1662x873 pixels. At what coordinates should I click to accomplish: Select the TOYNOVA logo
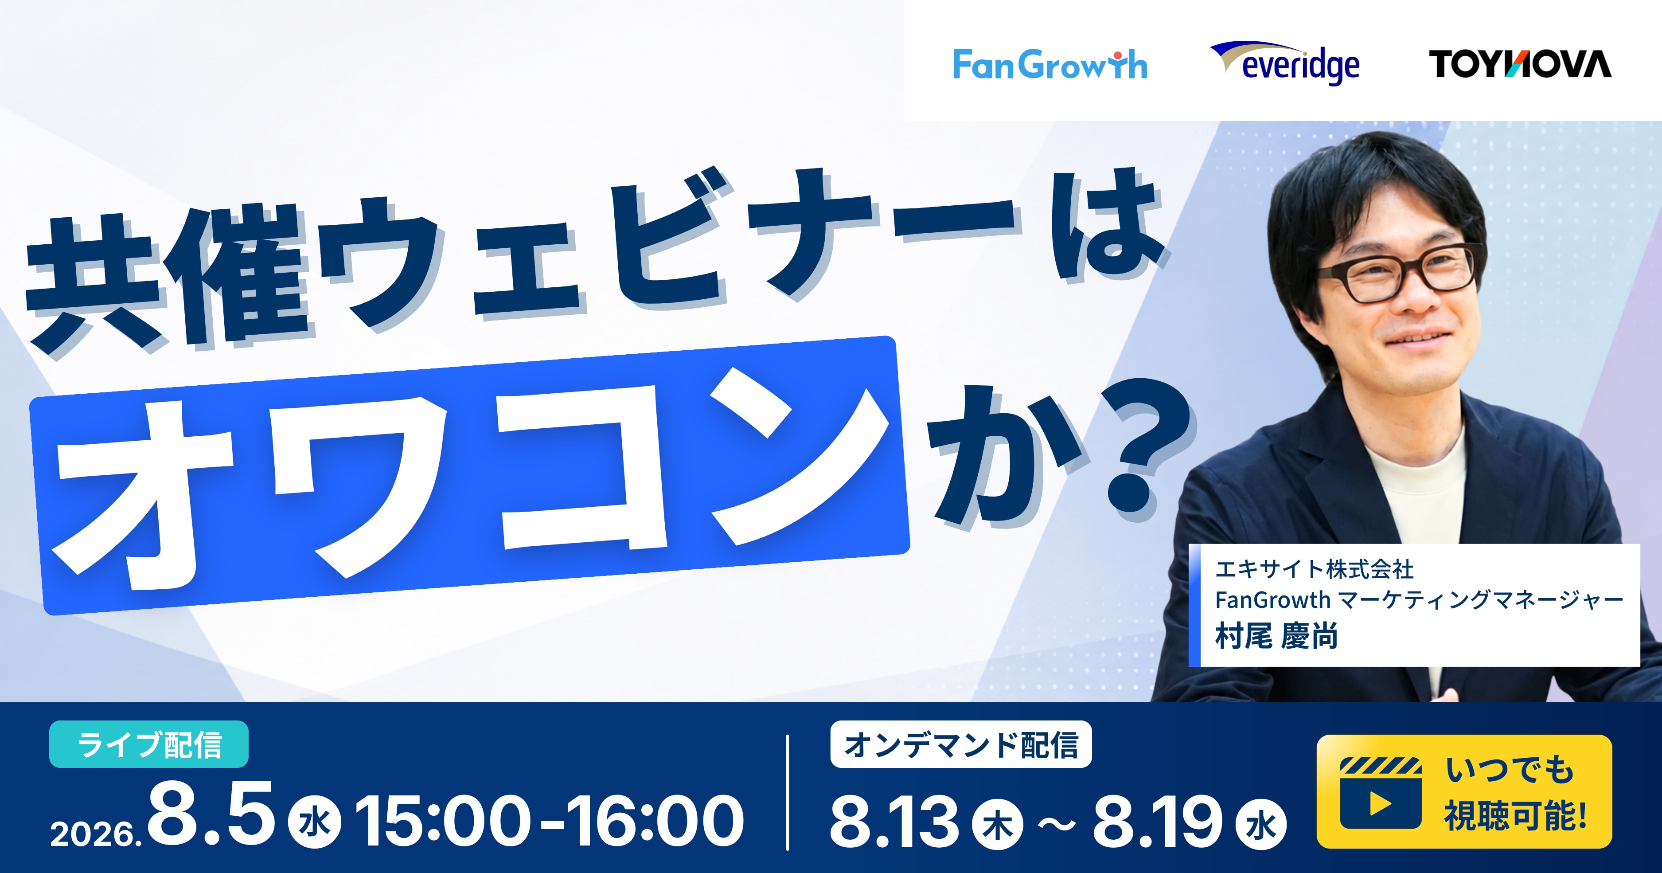(x=1519, y=64)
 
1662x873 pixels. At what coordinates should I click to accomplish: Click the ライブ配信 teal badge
(x=148, y=744)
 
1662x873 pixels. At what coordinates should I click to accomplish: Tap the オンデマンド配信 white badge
(x=961, y=744)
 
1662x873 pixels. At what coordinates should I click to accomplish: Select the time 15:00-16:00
(x=550, y=820)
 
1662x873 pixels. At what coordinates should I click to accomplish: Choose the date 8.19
(x=1158, y=820)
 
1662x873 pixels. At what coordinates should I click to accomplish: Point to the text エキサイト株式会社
(x=1314, y=569)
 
